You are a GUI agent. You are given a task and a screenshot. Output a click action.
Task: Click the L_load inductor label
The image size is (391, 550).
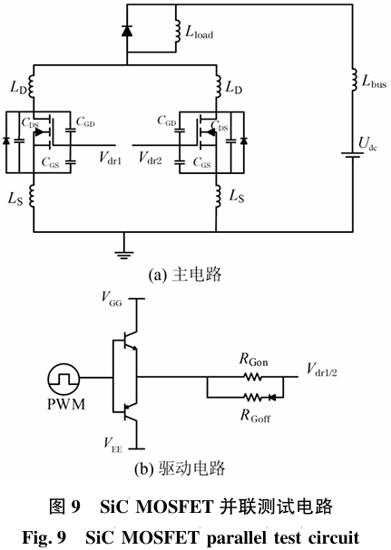[x=199, y=33]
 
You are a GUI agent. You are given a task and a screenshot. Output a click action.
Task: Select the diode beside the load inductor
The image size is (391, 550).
[x=127, y=31]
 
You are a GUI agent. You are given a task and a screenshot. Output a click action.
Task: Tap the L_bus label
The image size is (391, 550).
[x=374, y=82]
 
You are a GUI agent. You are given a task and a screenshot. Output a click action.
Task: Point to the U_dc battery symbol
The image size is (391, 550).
[x=352, y=155]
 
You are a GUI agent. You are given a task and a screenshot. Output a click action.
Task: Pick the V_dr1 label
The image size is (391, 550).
[x=110, y=158]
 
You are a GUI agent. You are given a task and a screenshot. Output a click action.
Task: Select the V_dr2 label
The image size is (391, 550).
[x=150, y=158]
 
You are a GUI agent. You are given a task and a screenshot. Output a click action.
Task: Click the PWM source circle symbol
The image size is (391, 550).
[x=64, y=379]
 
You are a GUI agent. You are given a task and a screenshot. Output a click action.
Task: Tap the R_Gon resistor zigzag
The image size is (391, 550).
[x=252, y=377]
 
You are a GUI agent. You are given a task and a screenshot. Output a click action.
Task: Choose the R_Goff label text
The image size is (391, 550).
[x=256, y=416]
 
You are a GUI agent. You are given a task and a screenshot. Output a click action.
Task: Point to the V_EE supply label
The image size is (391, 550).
[x=112, y=445]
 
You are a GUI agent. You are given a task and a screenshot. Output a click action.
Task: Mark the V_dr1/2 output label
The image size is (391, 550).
[x=322, y=370]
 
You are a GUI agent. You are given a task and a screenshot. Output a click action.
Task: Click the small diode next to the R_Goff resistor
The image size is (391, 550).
[x=272, y=398]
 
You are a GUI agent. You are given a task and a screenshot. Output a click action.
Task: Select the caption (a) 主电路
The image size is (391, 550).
[x=185, y=275]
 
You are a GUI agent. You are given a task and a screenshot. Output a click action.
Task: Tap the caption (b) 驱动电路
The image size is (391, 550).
[x=180, y=468]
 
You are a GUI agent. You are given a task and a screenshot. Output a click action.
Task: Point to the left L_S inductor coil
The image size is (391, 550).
[x=32, y=197]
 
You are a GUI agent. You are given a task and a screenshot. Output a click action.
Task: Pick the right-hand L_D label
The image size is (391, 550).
[x=234, y=87]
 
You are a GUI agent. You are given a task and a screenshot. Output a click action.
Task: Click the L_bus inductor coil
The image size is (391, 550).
[x=354, y=81]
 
